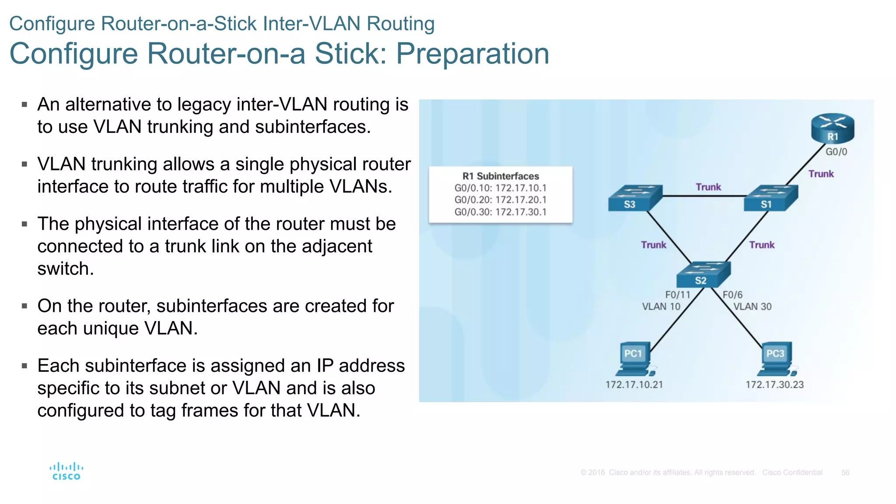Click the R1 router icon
(x=832, y=129)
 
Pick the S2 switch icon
(x=703, y=275)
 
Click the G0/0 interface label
(x=836, y=152)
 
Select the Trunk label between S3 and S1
(x=708, y=187)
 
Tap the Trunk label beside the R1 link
(x=821, y=174)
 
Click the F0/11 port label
(x=678, y=295)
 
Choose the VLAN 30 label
(x=752, y=307)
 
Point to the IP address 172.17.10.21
(x=634, y=385)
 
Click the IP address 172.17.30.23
(x=774, y=385)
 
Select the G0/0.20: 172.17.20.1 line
(x=500, y=200)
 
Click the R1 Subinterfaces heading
(x=500, y=176)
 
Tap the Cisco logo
(x=66, y=471)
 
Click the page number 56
(x=845, y=472)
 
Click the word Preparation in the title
(x=472, y=54)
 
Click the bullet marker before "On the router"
(x=24, y=306)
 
